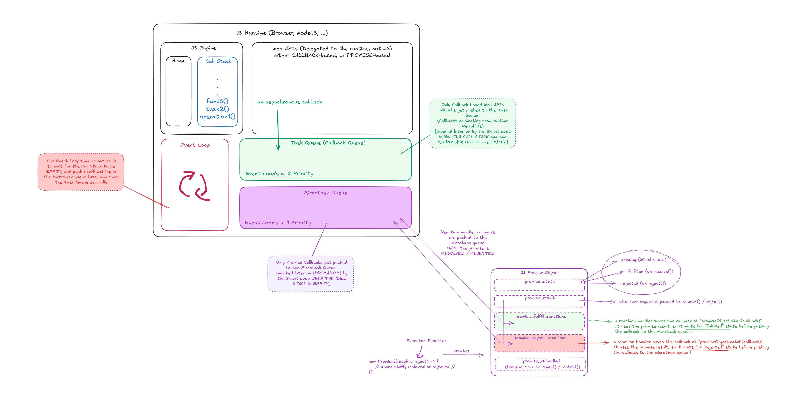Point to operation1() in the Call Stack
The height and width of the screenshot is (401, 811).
[x=217, y=117]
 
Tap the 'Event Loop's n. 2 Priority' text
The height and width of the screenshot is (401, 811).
[x=279, y=173]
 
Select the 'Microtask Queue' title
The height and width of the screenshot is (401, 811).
[x=325, y=193]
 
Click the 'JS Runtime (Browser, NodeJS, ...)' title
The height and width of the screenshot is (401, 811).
[x=281, y=33]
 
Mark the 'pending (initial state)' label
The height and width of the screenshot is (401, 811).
[x=644, y=260]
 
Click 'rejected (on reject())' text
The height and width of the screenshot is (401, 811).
[x=643, y=283]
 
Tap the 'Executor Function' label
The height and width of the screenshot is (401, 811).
[x=426, y=341]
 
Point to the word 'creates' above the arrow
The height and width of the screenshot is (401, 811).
[x=462, y=351]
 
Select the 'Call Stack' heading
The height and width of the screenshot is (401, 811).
[x=218, y=61]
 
